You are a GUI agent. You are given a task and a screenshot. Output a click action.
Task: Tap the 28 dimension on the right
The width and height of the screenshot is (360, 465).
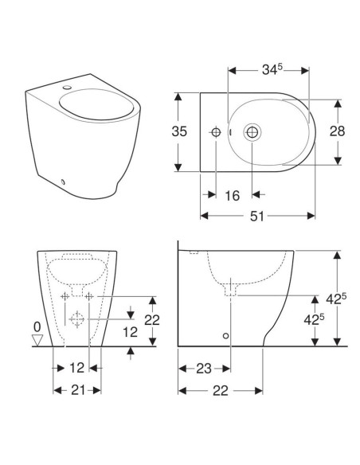pos(337,131)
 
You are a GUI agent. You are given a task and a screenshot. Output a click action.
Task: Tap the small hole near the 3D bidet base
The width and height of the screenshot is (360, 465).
pos(64,181)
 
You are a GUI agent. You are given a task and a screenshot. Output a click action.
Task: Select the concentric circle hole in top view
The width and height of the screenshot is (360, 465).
pos(253,132)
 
